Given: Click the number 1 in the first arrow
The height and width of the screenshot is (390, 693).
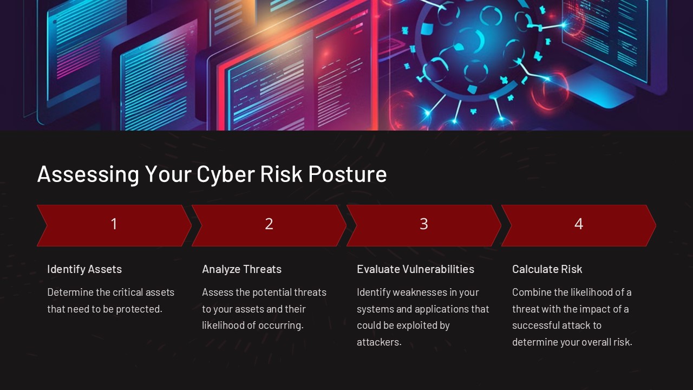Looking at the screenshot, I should pos(114,224).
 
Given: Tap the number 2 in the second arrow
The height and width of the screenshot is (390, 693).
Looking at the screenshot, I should pos(269,224).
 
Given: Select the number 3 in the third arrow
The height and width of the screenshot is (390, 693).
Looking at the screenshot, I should pos(424,224).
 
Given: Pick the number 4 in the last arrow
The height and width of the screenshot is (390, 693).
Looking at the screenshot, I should pos(579,224).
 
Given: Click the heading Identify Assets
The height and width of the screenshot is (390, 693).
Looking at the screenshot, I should pos(84,269).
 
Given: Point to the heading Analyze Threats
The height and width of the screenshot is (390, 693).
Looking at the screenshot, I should pos(242,269).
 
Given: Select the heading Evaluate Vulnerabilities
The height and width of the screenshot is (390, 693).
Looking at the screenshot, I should pos(415,269).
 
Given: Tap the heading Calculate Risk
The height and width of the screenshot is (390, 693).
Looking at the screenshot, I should pos(547,269).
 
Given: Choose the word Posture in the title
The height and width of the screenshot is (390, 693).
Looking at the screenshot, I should pos(347,174).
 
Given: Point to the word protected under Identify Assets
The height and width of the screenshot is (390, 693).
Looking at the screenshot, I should pos(138,309).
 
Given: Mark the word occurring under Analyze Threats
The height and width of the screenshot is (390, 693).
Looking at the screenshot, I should pos(282,326).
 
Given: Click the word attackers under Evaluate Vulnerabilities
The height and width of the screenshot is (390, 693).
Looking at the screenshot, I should pos(378,342).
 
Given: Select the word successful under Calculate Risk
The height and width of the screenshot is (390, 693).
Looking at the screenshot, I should pos(534,326).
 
